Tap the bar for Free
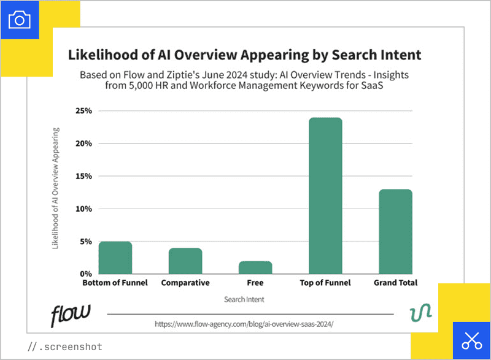[255, 267]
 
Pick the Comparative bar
[185, 261]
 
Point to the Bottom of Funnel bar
[115, 257]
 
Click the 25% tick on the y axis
[84, 111]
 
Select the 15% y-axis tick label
[84, 176]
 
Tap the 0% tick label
[87, 274]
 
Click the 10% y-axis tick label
[84, 209]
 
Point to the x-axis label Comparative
[185, 283]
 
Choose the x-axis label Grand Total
[395, 283]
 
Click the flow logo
[70, 315]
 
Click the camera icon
[20, 20]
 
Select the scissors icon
[471, 340]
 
